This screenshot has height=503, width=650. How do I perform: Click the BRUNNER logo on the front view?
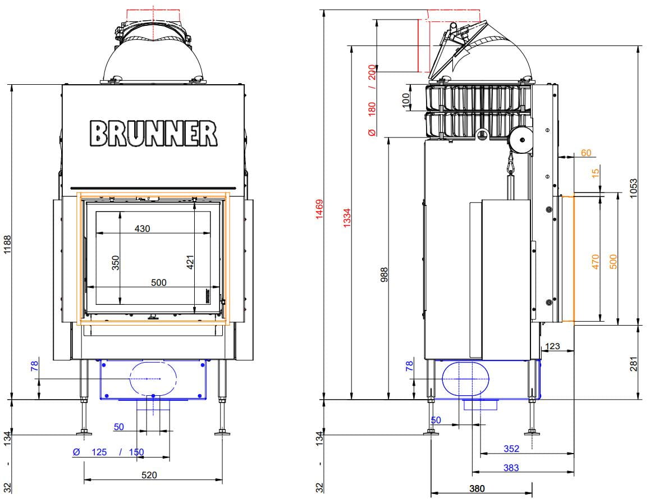point(153,133)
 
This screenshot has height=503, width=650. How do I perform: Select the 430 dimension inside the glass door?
point(142,228)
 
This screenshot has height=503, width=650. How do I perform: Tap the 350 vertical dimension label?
point(116,263)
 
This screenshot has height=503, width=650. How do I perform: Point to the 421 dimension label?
point(190,262)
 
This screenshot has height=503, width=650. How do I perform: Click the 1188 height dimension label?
point(7,245)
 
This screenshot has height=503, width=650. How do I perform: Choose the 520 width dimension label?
point(149,475)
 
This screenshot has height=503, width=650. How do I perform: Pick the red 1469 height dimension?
point(319,209)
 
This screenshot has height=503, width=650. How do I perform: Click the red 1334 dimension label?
point(347,217)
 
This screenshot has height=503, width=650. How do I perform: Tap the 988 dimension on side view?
point(384,275)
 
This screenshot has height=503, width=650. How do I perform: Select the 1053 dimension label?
point(633,188)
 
